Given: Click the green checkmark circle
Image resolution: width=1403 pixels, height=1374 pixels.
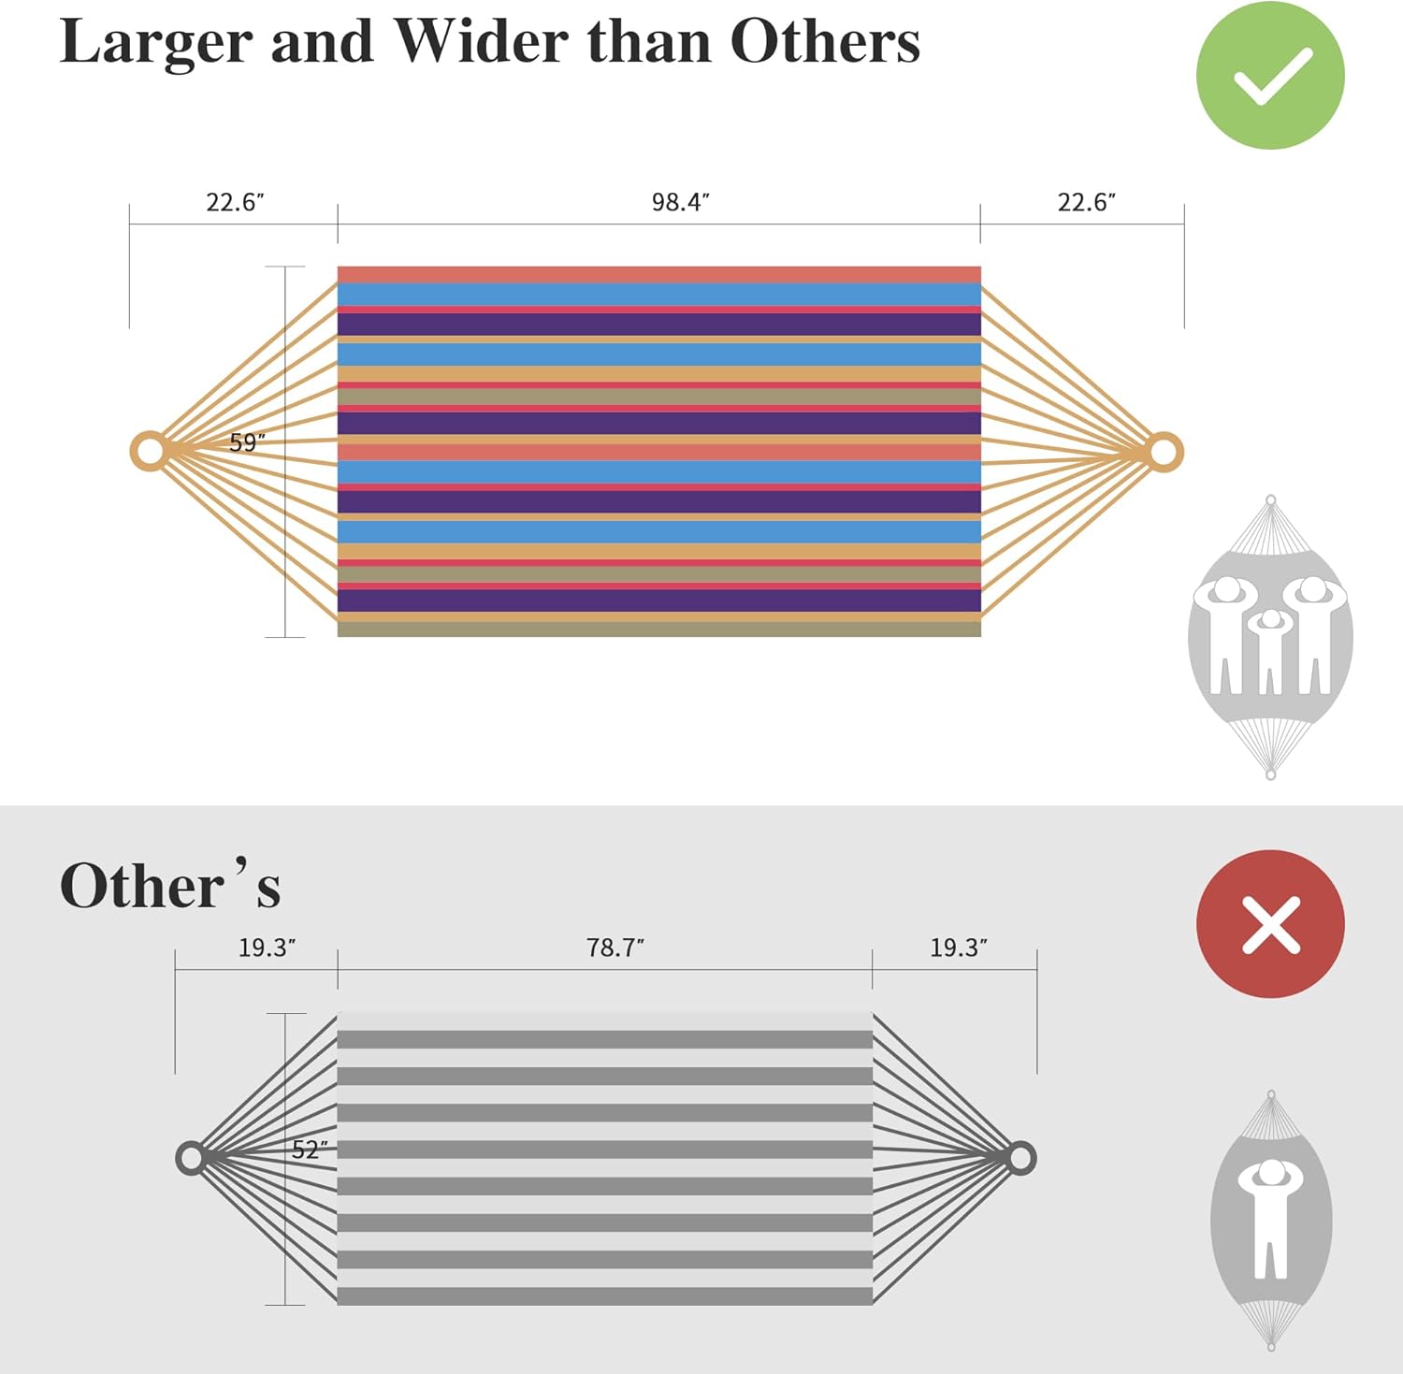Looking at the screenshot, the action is (1270, 75).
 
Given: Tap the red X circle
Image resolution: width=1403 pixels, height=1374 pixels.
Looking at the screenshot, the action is (1270, 924).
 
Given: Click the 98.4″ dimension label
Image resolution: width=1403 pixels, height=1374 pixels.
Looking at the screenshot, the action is (681, 202).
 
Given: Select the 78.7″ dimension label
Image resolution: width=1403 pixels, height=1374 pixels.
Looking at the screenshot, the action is (615, 947).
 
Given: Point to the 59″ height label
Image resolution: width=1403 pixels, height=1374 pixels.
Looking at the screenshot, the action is (247, 442).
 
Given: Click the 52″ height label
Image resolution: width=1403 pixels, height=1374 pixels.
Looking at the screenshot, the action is (310, 1150).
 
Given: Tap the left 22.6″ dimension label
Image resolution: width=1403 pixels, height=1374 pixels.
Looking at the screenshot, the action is (235, 202).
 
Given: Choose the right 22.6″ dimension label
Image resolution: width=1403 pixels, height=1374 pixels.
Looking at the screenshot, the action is (1087, 202).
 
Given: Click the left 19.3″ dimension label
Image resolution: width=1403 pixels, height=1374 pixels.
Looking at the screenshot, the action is (267, 947).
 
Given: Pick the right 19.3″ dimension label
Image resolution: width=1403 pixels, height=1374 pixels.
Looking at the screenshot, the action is (959, 947).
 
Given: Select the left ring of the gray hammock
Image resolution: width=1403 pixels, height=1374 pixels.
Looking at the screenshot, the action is (180, 1158).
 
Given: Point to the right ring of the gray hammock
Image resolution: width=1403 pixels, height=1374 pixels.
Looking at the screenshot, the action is (1033, 1158).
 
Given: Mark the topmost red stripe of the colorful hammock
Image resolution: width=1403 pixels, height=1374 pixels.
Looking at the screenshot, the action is (659, 274).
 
